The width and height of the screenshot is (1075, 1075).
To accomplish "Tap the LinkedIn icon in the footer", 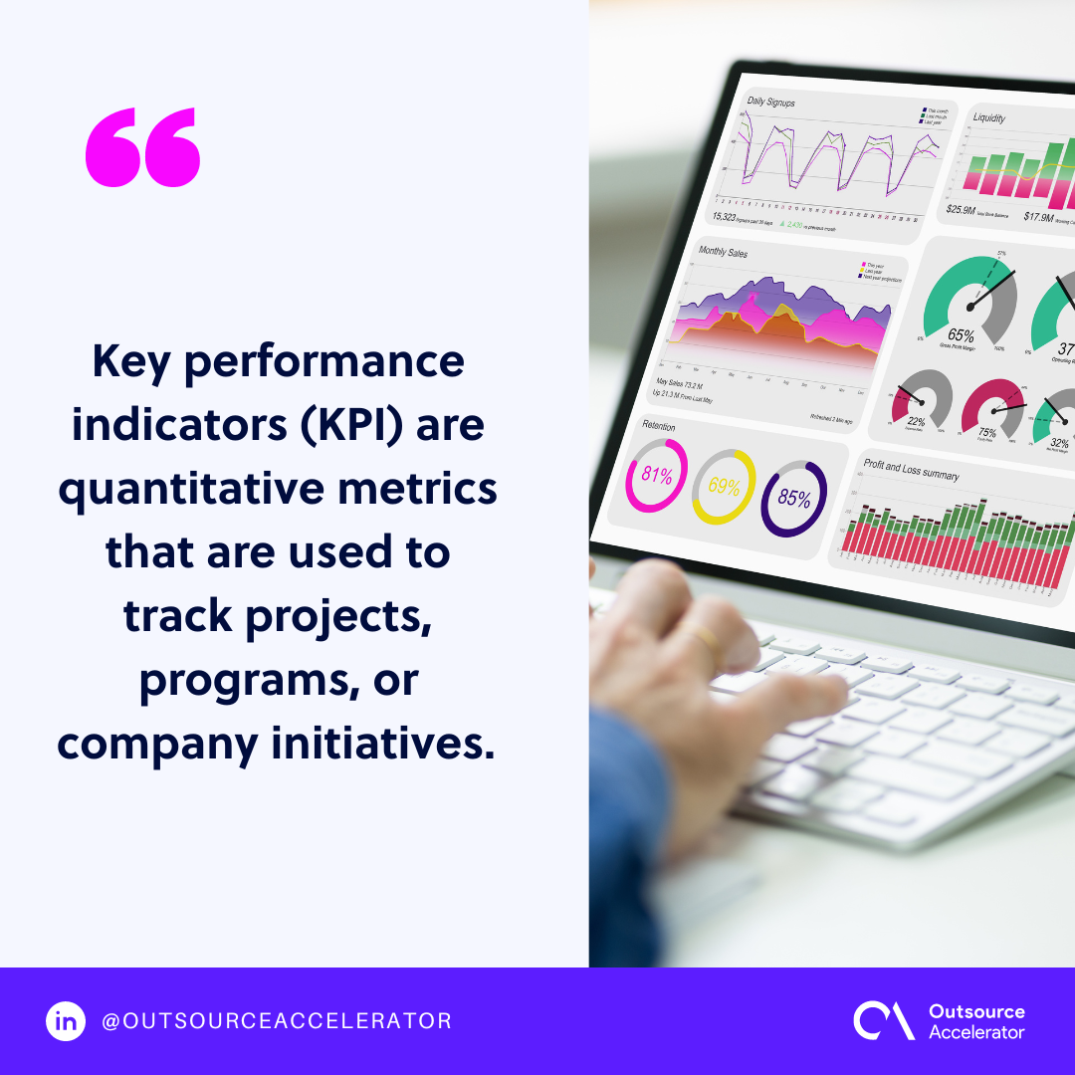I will pyautogui.click(x=66, y=1020).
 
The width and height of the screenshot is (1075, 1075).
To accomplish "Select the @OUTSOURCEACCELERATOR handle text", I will pyautogui.click(x=277, y=1020).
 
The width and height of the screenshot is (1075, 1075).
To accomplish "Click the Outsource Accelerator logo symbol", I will pyautogui.click(x=882, y=1020).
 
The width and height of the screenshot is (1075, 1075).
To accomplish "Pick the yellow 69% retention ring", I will pyautogui.click(x=724, y=487).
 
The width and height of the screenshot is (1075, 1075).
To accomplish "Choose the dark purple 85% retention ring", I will pyautogui.click(x=793, y=498).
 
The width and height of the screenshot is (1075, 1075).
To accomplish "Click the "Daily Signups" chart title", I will pyautogui.click(x=771, y=102).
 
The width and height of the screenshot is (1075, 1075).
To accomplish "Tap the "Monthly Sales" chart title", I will pyautogui.click(x=723, y=253).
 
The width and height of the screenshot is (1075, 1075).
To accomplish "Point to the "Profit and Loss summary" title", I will pyautogui.click(x=911, y=470).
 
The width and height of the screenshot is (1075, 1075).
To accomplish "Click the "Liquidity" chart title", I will pyautogui.click(x=989, y=117).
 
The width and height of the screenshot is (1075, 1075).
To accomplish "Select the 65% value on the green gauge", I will pyautogui.click(x=961, y=335).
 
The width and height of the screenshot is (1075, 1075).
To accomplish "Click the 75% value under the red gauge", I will pyautogui.click(x=986, y=432).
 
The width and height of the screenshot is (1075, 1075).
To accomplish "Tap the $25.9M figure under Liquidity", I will pyautogui.click(x=962, y=209).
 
